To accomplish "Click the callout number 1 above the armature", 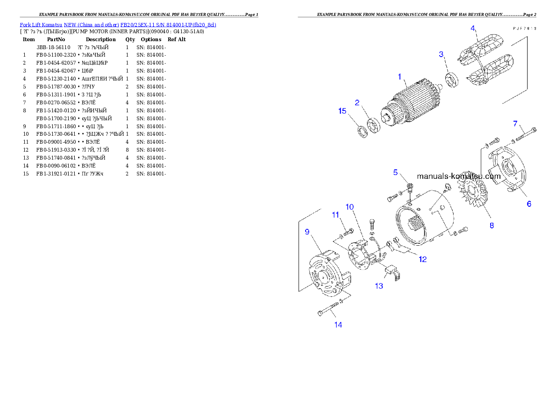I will pos(399,76).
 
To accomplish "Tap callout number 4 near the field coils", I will pos(473,28).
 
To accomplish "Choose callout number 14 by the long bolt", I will pos(338,324).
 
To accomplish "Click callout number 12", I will pos(422,259).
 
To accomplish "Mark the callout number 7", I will pos(515,124).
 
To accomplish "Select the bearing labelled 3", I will pos(453,80).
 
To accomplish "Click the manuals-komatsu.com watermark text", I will pos(458,176).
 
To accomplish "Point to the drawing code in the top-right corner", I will pos(524,29).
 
